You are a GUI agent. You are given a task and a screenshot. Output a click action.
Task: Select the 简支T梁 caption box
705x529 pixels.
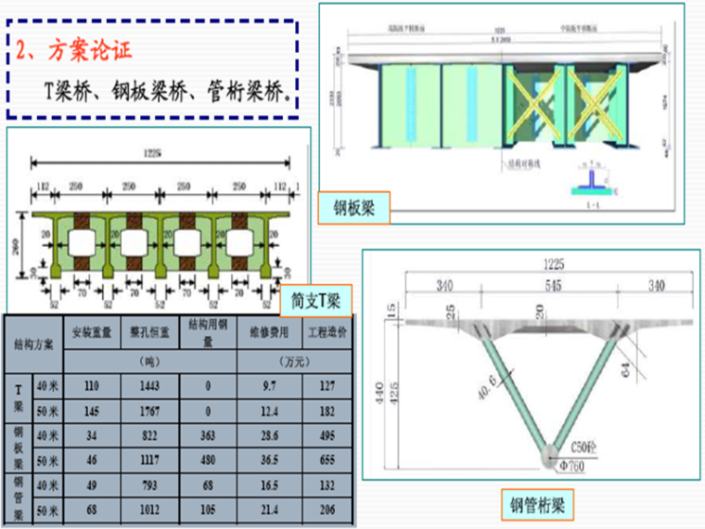(315, 300)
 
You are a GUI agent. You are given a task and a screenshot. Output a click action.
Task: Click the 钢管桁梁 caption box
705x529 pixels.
(537, 505)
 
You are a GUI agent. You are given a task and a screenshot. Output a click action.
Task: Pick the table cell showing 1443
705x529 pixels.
(148, 384)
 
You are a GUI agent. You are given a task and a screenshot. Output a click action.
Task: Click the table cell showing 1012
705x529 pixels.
(148, 510)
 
